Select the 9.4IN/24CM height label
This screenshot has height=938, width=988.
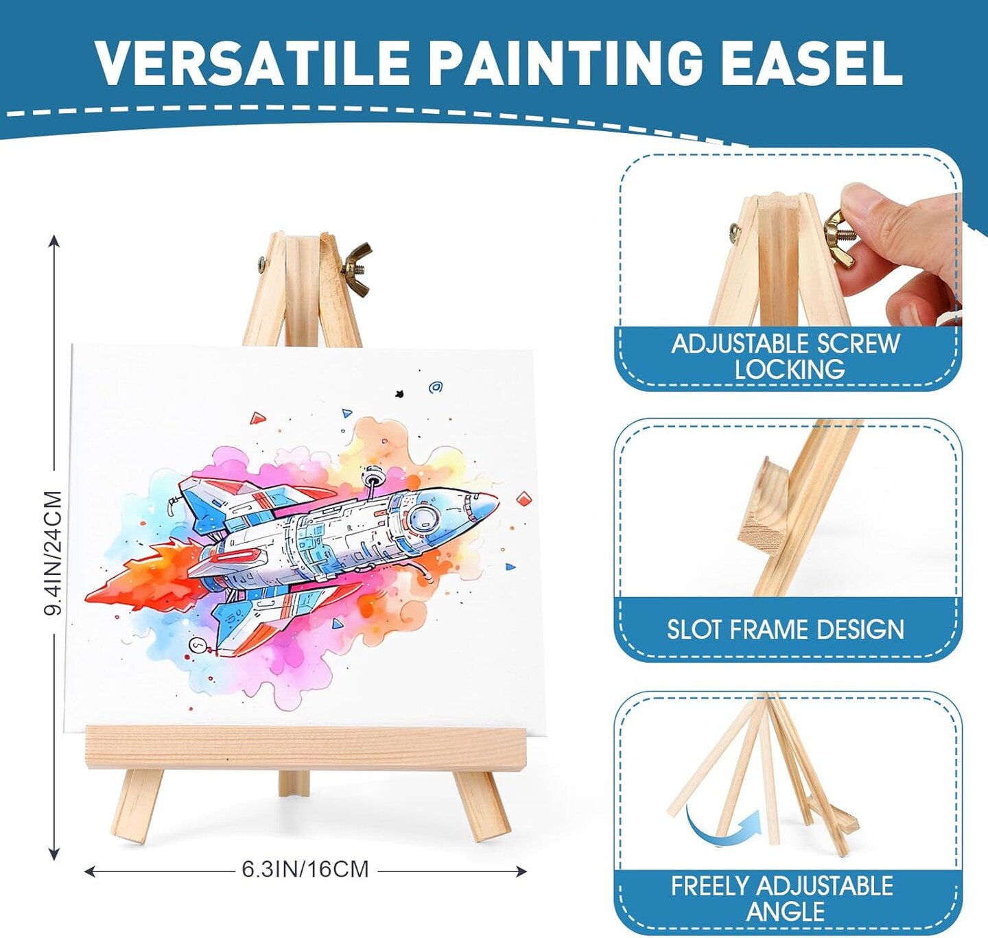(x=54, y=552)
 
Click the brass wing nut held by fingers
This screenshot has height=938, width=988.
(x=838, y=237)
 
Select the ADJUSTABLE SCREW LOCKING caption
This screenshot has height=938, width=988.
(x=786, y=356)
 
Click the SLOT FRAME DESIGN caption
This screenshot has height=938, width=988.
(x=785, y=629)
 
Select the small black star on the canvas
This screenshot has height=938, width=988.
(x=400, y=395)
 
